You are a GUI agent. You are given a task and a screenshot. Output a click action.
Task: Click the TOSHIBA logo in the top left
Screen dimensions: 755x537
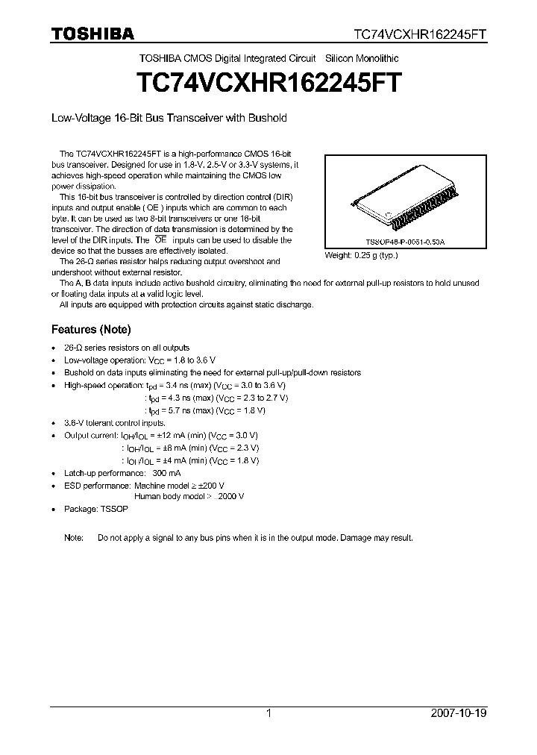(x=92, y=34)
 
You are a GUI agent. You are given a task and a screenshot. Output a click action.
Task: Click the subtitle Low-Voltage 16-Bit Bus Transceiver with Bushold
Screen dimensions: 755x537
(x=169, y=118)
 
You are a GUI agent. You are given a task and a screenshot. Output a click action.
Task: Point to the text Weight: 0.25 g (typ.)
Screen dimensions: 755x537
(x=362, y=255)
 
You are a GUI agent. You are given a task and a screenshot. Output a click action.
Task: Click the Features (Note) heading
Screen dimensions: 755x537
(x=91, y=329)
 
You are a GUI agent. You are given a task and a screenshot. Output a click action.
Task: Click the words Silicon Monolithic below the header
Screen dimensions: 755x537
(x=361, y=58)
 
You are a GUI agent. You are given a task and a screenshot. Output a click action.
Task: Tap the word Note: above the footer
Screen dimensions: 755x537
(x=75, y=538)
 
